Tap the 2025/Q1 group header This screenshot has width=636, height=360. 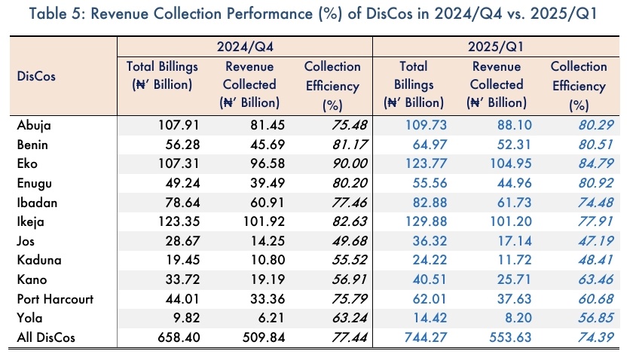(495, 46)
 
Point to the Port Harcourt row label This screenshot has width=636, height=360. (55, 299)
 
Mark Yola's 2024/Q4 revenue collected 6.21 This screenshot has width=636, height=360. (264, 319)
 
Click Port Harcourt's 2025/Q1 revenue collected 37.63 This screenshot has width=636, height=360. (509, 299)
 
